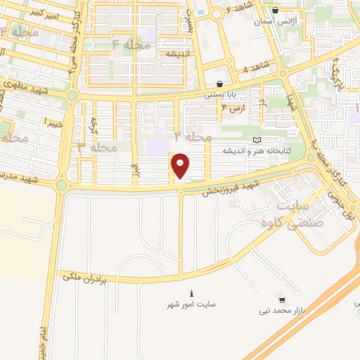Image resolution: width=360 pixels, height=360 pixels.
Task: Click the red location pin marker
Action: pyautogui.click(x=181, y=165)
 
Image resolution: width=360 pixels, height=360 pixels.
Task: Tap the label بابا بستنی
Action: pyautogui.click(x=219, y=93)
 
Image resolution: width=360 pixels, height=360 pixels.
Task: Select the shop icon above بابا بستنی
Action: pyautogui.click(x=220, y=83)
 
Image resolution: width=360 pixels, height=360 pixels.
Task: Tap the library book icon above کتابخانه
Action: pyautogui.click(x=256, y=141)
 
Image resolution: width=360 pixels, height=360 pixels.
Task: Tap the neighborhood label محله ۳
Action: pyautogui.click(x=96, y=147)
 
